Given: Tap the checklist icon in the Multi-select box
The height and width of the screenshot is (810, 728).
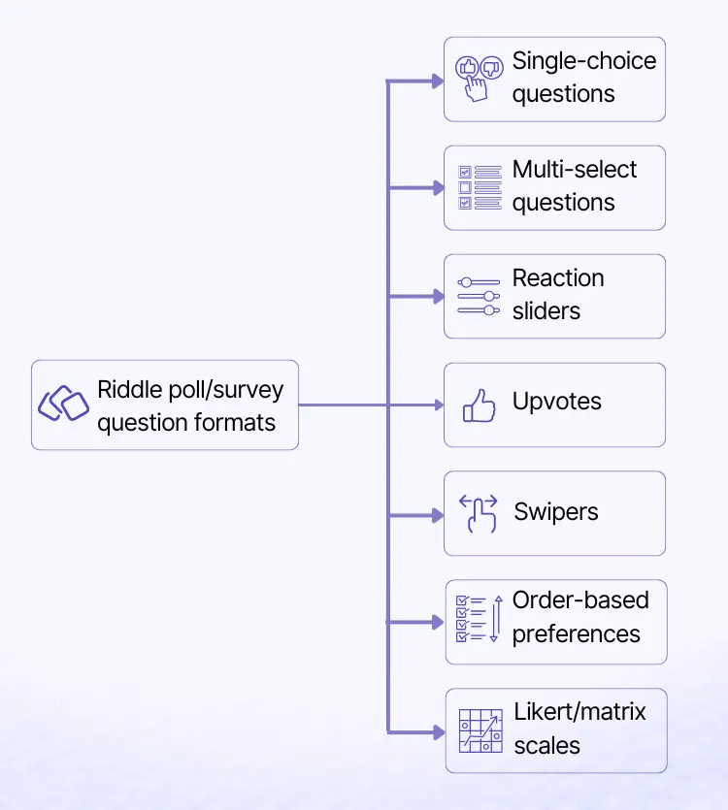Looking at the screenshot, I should [x=479, y=187].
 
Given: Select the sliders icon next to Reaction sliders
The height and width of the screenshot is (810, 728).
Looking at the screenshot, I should [x=479, y=296].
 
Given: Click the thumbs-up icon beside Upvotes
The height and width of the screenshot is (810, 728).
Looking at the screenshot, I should [x=480, y=405].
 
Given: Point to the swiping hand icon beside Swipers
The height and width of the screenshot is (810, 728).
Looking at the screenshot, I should [x=479, y=513].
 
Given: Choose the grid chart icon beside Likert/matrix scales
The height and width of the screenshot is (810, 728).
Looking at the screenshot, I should [x=480, y=730].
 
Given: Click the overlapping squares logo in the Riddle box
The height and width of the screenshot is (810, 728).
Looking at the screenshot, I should [x=63, y=404].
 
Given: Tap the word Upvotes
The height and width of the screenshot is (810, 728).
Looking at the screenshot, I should [x=556, y=402].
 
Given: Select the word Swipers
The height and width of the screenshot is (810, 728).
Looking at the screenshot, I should [x=555, y=511].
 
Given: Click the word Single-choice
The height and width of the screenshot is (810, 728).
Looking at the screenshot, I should [x=583, y=61].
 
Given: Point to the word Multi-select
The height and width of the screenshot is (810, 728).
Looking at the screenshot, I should [x=575, y=170].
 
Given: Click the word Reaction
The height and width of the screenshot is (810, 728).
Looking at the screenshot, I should [x=558, y=278].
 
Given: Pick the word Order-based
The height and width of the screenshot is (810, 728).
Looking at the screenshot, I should [x=580, y=600].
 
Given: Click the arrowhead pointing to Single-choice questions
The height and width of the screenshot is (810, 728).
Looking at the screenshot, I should [x=437, y=81].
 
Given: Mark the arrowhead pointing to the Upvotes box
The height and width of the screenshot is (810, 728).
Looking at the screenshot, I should [x=437, y=405].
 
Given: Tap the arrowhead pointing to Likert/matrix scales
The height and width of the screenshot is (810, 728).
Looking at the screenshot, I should [x=437, y=730].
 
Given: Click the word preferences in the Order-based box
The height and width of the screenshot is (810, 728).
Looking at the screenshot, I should [x=576, y=634].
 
